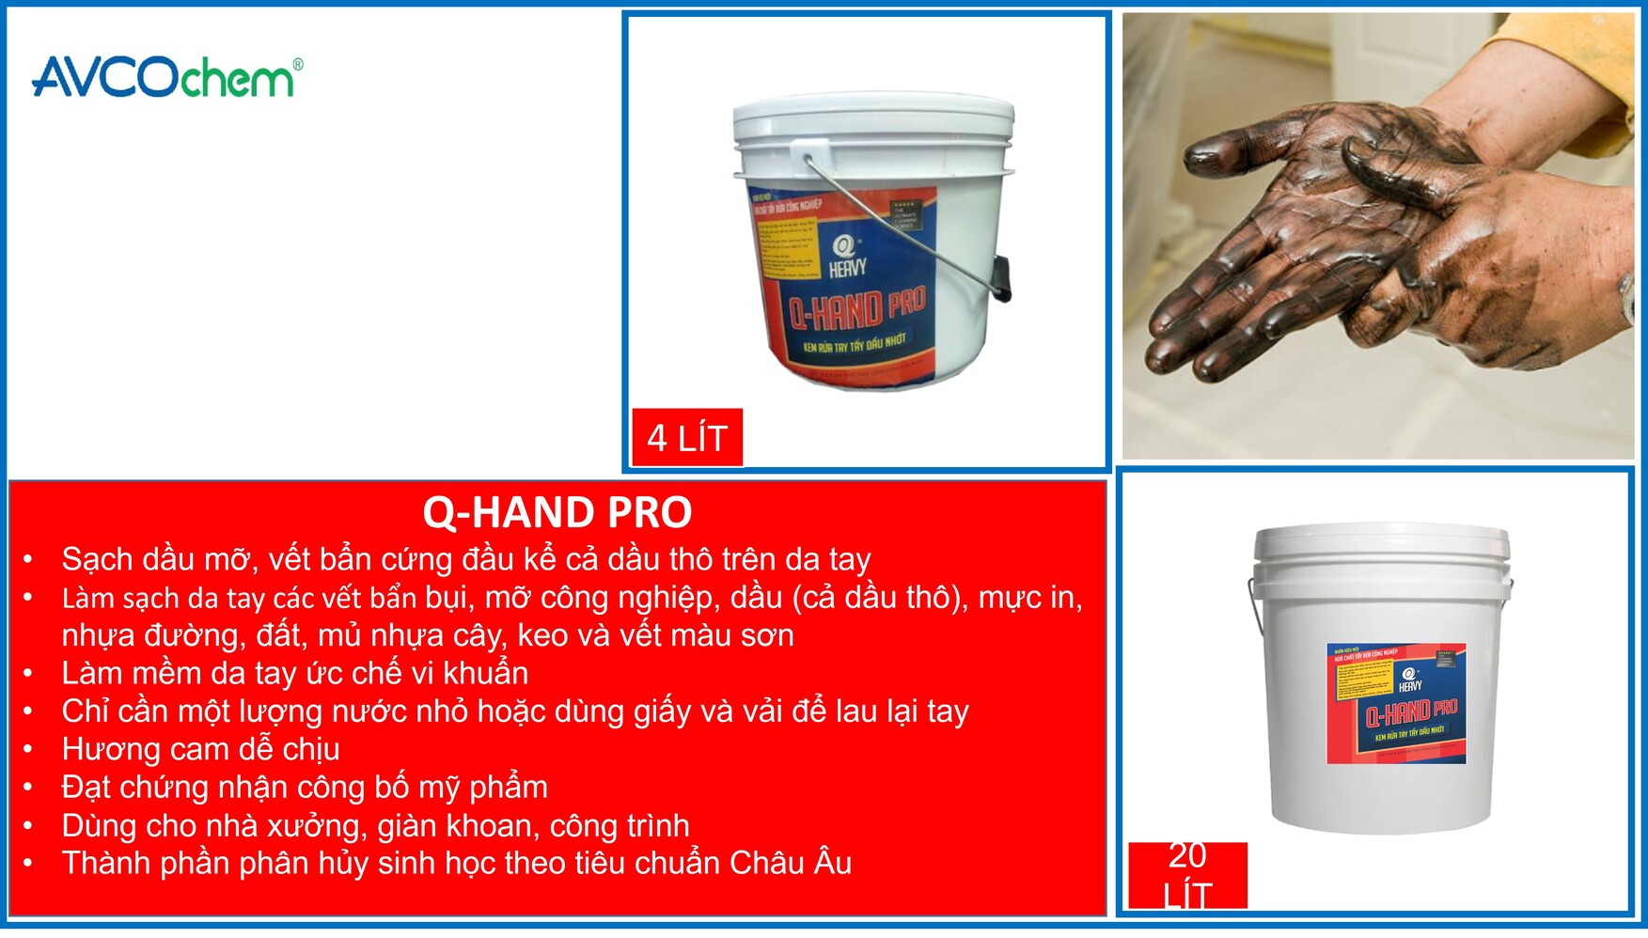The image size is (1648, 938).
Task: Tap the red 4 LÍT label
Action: pos(687,437)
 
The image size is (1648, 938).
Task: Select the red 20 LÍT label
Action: pos(1187,875)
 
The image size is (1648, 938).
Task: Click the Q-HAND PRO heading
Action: pos(557,513)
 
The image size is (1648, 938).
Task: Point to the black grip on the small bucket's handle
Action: pos(1002,278)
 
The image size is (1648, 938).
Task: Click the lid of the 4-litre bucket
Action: pos(873,117)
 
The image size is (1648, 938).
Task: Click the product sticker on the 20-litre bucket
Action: pos(1396,703)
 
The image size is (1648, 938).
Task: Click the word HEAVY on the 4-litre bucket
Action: pos(847,268)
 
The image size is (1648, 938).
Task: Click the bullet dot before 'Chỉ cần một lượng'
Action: pos(28,711)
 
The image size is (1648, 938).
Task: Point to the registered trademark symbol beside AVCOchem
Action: pos(298,64)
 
